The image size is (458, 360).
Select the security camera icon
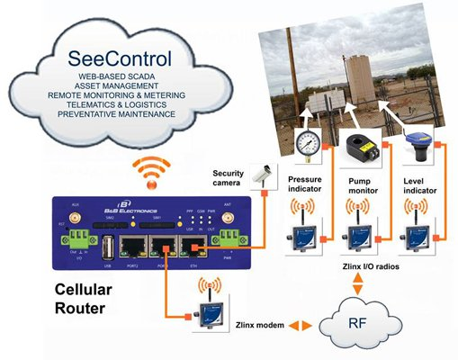261,174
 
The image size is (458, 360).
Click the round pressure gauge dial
309,143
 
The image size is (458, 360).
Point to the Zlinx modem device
209,314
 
